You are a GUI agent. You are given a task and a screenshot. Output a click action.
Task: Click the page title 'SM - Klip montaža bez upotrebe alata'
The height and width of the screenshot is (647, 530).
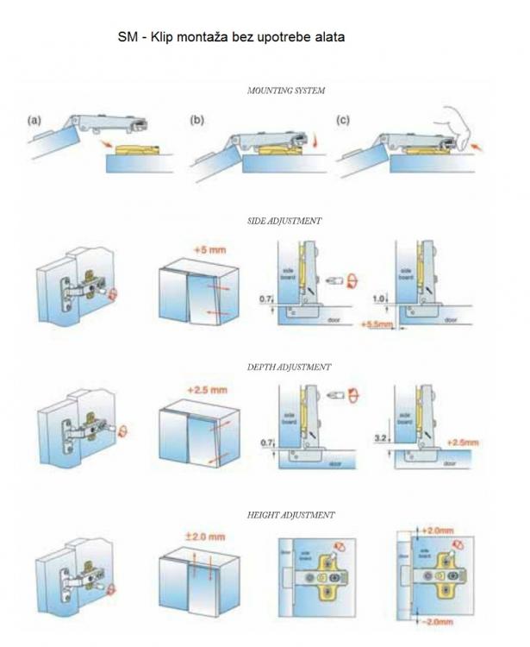(231, 39)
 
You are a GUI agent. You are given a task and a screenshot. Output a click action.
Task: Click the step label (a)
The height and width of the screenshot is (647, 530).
(34, 120)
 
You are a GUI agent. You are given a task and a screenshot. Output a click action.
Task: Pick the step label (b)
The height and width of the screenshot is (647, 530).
(196, 120)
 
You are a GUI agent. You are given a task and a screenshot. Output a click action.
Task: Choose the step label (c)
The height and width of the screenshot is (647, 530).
(344, 120)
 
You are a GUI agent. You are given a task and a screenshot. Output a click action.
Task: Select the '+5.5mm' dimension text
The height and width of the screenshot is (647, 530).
(377, 325)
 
